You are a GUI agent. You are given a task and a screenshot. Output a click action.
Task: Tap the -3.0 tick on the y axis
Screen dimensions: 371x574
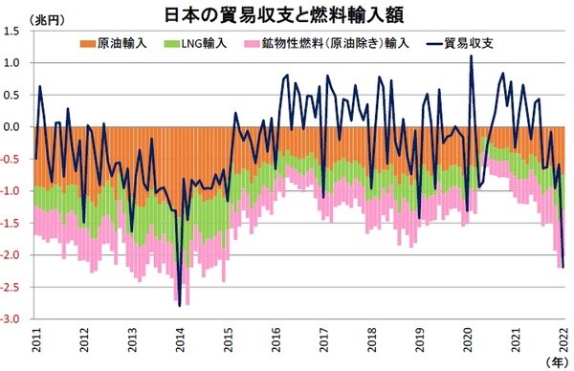(x=17, y=318)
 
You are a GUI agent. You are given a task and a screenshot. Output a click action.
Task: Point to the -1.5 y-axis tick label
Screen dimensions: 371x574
(x=17, y=223)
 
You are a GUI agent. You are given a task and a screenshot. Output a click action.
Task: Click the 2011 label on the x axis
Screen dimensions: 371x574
(x=35, y=340)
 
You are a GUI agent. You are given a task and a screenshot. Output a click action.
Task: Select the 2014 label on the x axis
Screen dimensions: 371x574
(x=180, y=340)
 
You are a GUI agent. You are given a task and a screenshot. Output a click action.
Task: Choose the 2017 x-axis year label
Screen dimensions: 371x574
(x=324, y=340)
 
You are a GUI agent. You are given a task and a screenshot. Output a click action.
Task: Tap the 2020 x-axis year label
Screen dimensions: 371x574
(x=469, y=340)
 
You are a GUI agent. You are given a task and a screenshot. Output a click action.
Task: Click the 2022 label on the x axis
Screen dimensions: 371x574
(x=564, y=340)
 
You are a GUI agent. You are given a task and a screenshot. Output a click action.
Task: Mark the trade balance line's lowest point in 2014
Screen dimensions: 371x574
(x=180, y=305)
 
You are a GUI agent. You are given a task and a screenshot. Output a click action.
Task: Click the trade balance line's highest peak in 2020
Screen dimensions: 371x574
(x=472, y=56)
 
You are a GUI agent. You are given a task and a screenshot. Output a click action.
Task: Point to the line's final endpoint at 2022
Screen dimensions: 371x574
(x=563, y=267)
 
